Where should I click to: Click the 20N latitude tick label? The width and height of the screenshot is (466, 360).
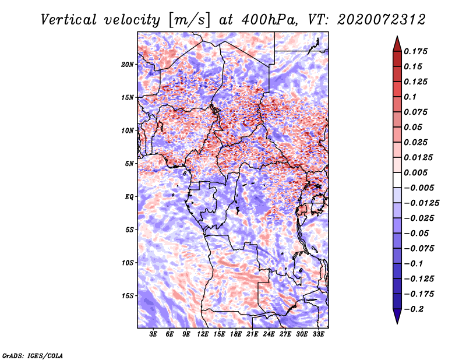click(128, 65)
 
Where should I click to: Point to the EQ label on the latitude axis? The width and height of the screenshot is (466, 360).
click(129, 197)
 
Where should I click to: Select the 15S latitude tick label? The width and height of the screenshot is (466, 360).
click(128, 296)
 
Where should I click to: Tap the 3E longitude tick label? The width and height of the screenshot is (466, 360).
click(153, 334)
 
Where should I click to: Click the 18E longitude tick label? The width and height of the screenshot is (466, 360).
click(236, 334)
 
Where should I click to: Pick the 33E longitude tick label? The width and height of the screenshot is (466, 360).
click(318, 334)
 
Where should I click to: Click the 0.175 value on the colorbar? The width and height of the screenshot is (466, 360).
click(415, 51)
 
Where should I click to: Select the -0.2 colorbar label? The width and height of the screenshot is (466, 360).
click(414, 309)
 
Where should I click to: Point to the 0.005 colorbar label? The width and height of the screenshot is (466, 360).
click(415, 172)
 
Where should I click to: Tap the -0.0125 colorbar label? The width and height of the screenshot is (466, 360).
click(421, 203)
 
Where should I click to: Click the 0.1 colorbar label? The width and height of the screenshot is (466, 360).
click(410, 97)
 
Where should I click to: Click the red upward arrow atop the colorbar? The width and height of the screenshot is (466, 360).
click(397, 44)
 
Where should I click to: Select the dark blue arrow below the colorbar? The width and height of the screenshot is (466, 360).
click(397, 316)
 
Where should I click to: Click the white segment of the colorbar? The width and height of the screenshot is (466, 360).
click(397, 180)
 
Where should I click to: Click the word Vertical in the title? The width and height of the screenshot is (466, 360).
click(69, 20)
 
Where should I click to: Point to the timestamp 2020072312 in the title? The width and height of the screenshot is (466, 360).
click(382, 20)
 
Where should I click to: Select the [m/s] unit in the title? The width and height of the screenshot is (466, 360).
click(189, 20)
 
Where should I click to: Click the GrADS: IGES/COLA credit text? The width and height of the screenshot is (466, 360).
click(33, 355)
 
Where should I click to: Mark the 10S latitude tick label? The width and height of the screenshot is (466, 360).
click(128, 263)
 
